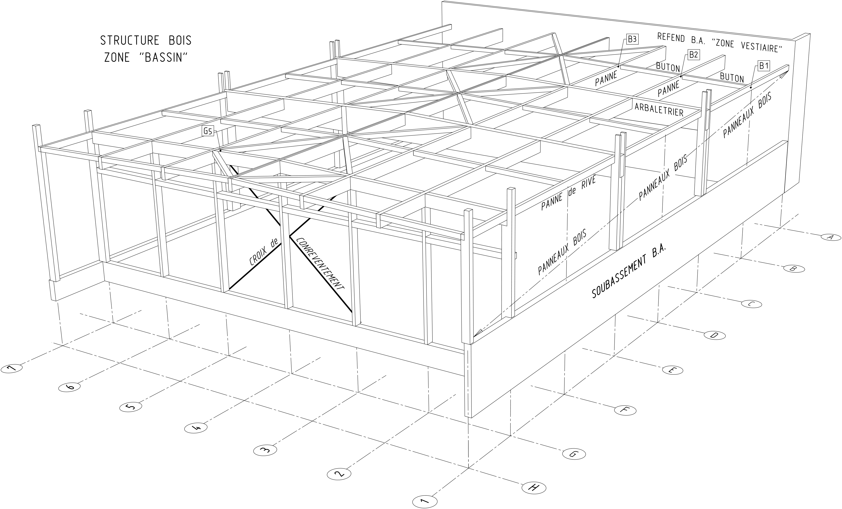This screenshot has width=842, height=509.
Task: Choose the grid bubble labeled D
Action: tap(715, 336)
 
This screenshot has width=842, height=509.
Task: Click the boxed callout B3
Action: tap(632, 40)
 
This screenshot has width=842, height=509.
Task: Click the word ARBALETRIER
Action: tap(659, 110)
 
